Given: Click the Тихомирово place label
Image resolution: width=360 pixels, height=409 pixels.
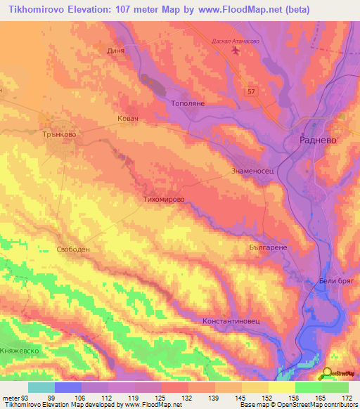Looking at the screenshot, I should coord(164,199).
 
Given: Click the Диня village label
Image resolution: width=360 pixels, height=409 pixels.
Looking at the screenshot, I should coord(116,51).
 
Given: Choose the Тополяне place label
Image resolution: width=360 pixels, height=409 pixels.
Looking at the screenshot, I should coord(188,103).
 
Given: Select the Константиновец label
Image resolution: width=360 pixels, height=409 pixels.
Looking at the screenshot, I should coord(231,320).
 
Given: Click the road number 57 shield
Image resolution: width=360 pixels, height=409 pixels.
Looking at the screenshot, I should coord(252,91).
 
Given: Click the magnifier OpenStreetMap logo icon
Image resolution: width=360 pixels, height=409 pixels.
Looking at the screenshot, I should coord(328,374).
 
